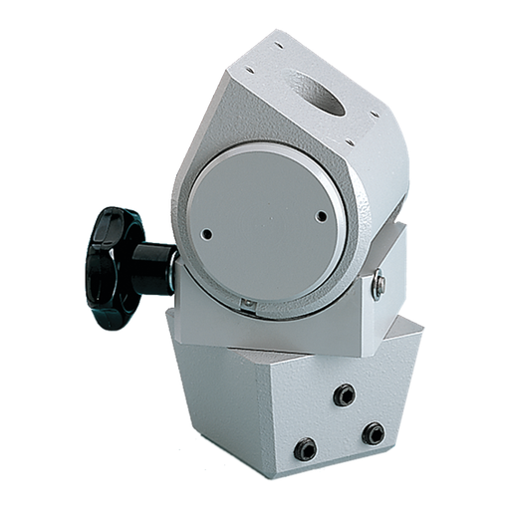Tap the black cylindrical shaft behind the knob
click(x=154, y=268)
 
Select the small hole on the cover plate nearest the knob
click(x=207, y=235)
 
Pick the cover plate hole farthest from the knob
click(x=321, y=215)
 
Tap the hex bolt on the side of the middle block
click(x=380, y=287)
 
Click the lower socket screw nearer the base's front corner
click(x=306, y=448)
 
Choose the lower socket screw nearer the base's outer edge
click(x=373, y=432)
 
